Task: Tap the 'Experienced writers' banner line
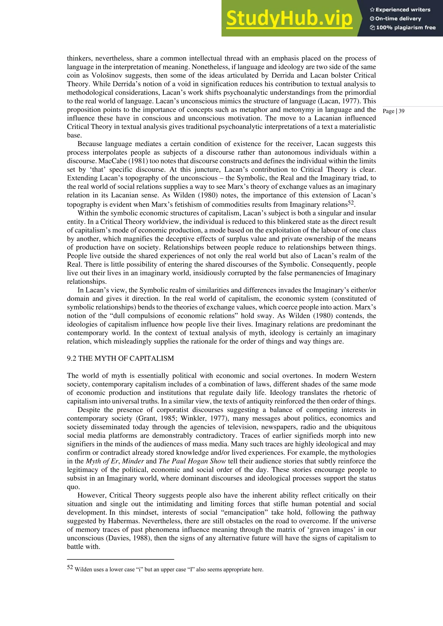click(x=400, y=10)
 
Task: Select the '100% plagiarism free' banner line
click(x=402, y=27)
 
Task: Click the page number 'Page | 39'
click(x=393, y=111)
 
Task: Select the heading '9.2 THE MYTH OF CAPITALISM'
click(x=120, y=358)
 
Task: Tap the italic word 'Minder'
click(x=133, y=461)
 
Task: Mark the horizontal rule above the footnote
click(x=120, y=559)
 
